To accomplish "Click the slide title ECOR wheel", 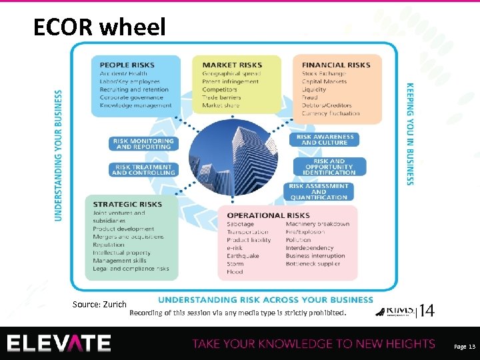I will click(99, 27).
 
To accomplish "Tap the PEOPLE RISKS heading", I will click(123, 65).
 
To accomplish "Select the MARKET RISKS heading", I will click(232, 65).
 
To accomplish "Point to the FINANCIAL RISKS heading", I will click(335, 65).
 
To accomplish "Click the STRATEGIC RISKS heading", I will click(127, 205).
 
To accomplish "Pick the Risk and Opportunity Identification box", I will click(329, 167).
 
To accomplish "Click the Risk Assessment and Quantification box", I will click(319, 191).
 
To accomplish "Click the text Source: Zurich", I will click(99, 305).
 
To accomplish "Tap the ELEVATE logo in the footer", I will click(59, 343).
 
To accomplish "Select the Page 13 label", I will click(464, 347).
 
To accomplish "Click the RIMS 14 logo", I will click(405, 311).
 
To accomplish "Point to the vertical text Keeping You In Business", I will click(410, 134).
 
